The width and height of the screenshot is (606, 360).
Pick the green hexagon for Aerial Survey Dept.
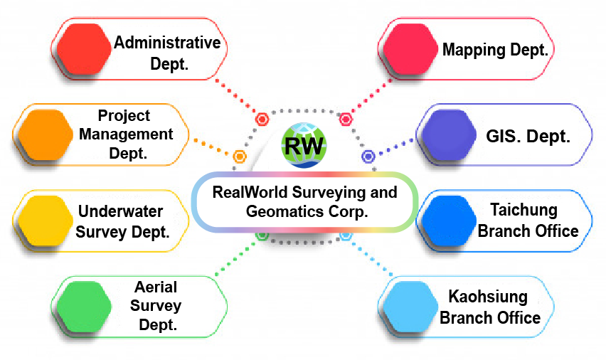(x=84, y=306)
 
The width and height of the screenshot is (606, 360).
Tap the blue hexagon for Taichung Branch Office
(x=447, y=220)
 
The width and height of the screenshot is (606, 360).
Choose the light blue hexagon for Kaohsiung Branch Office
(x=410, y=306)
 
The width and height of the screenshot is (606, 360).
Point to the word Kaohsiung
(x=487, y=297)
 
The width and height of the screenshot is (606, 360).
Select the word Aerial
(x=156, y=288)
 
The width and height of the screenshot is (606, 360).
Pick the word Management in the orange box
(x=135, y=134)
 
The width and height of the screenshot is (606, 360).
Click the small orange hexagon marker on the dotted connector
(x=240, y=156)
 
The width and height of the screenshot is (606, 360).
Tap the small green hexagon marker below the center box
(x=262, y=235)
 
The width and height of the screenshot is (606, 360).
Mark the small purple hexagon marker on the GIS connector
(x=368, y=156)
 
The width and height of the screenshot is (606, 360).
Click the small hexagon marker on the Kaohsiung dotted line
(x=346, y=235)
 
